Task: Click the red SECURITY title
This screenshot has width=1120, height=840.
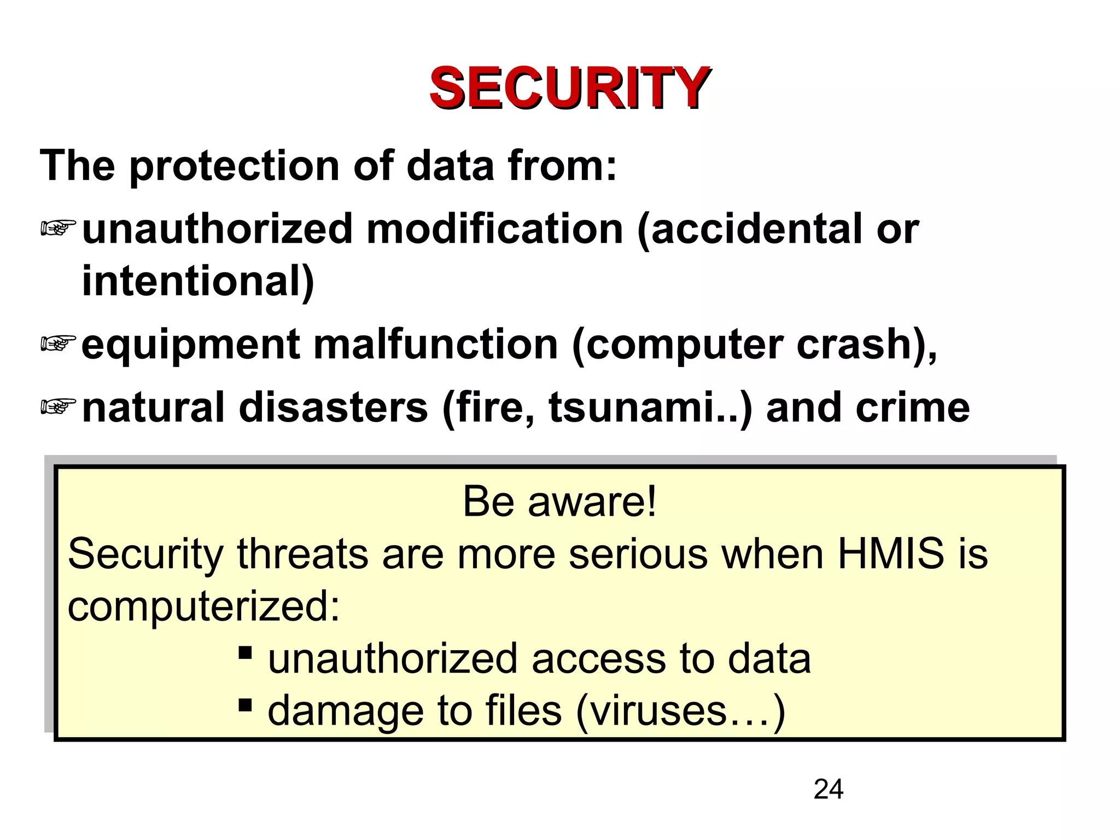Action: [570, 87]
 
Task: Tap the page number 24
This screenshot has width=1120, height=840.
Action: [828, 789]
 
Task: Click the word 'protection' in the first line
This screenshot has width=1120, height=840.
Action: [234, 166]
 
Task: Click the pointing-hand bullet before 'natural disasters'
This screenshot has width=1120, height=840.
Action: [58, 406]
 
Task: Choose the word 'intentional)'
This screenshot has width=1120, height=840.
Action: [198, 281]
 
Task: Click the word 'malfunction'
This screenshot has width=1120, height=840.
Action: [435, 345]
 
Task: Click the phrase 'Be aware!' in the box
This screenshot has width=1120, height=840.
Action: [559, 501]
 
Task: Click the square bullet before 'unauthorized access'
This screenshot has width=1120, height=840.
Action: [245, 652]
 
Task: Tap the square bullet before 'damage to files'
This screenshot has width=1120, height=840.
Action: [245, 704]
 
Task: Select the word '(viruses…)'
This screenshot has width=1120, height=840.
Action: [680, 711]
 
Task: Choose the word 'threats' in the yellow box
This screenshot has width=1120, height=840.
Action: [302, 553]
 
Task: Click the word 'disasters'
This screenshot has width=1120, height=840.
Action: [334, 407]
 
